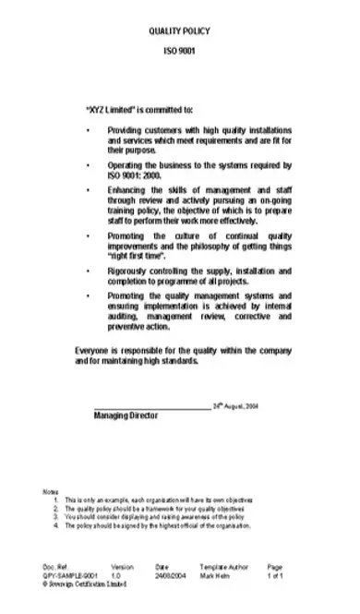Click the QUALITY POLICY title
pos(181,31)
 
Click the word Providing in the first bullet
pos(125,130)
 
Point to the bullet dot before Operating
pos(87,164)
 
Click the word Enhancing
pos(126,189)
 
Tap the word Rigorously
pos(127,272)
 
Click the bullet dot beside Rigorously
pos(87,272)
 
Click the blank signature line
pos(151,405)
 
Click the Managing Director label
pos(126,415)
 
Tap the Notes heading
pos(51,489)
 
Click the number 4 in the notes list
pos(55,525)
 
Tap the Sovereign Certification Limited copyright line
pos(78,584)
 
